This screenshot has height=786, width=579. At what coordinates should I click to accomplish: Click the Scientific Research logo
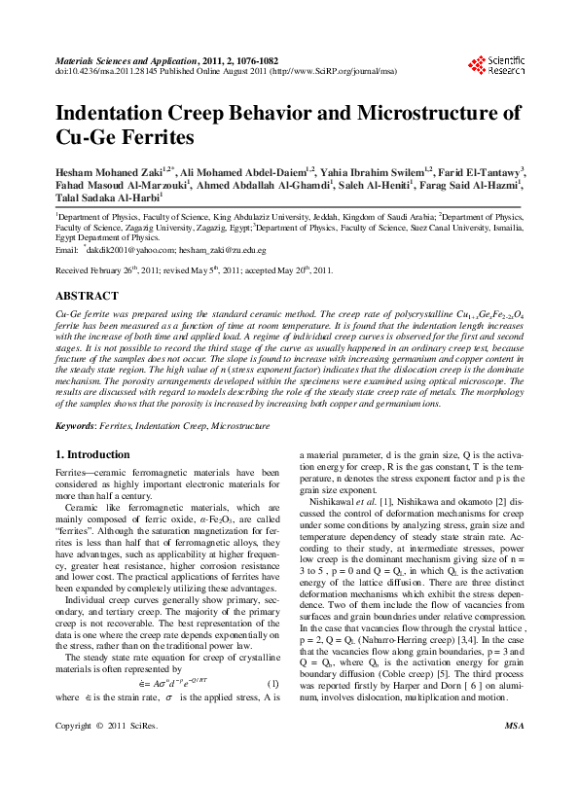(x=496, y=64)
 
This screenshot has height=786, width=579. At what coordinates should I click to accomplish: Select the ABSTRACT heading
(x=87, y=294)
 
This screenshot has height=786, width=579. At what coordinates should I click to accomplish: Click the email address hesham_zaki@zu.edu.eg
(x=225, y=250)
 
